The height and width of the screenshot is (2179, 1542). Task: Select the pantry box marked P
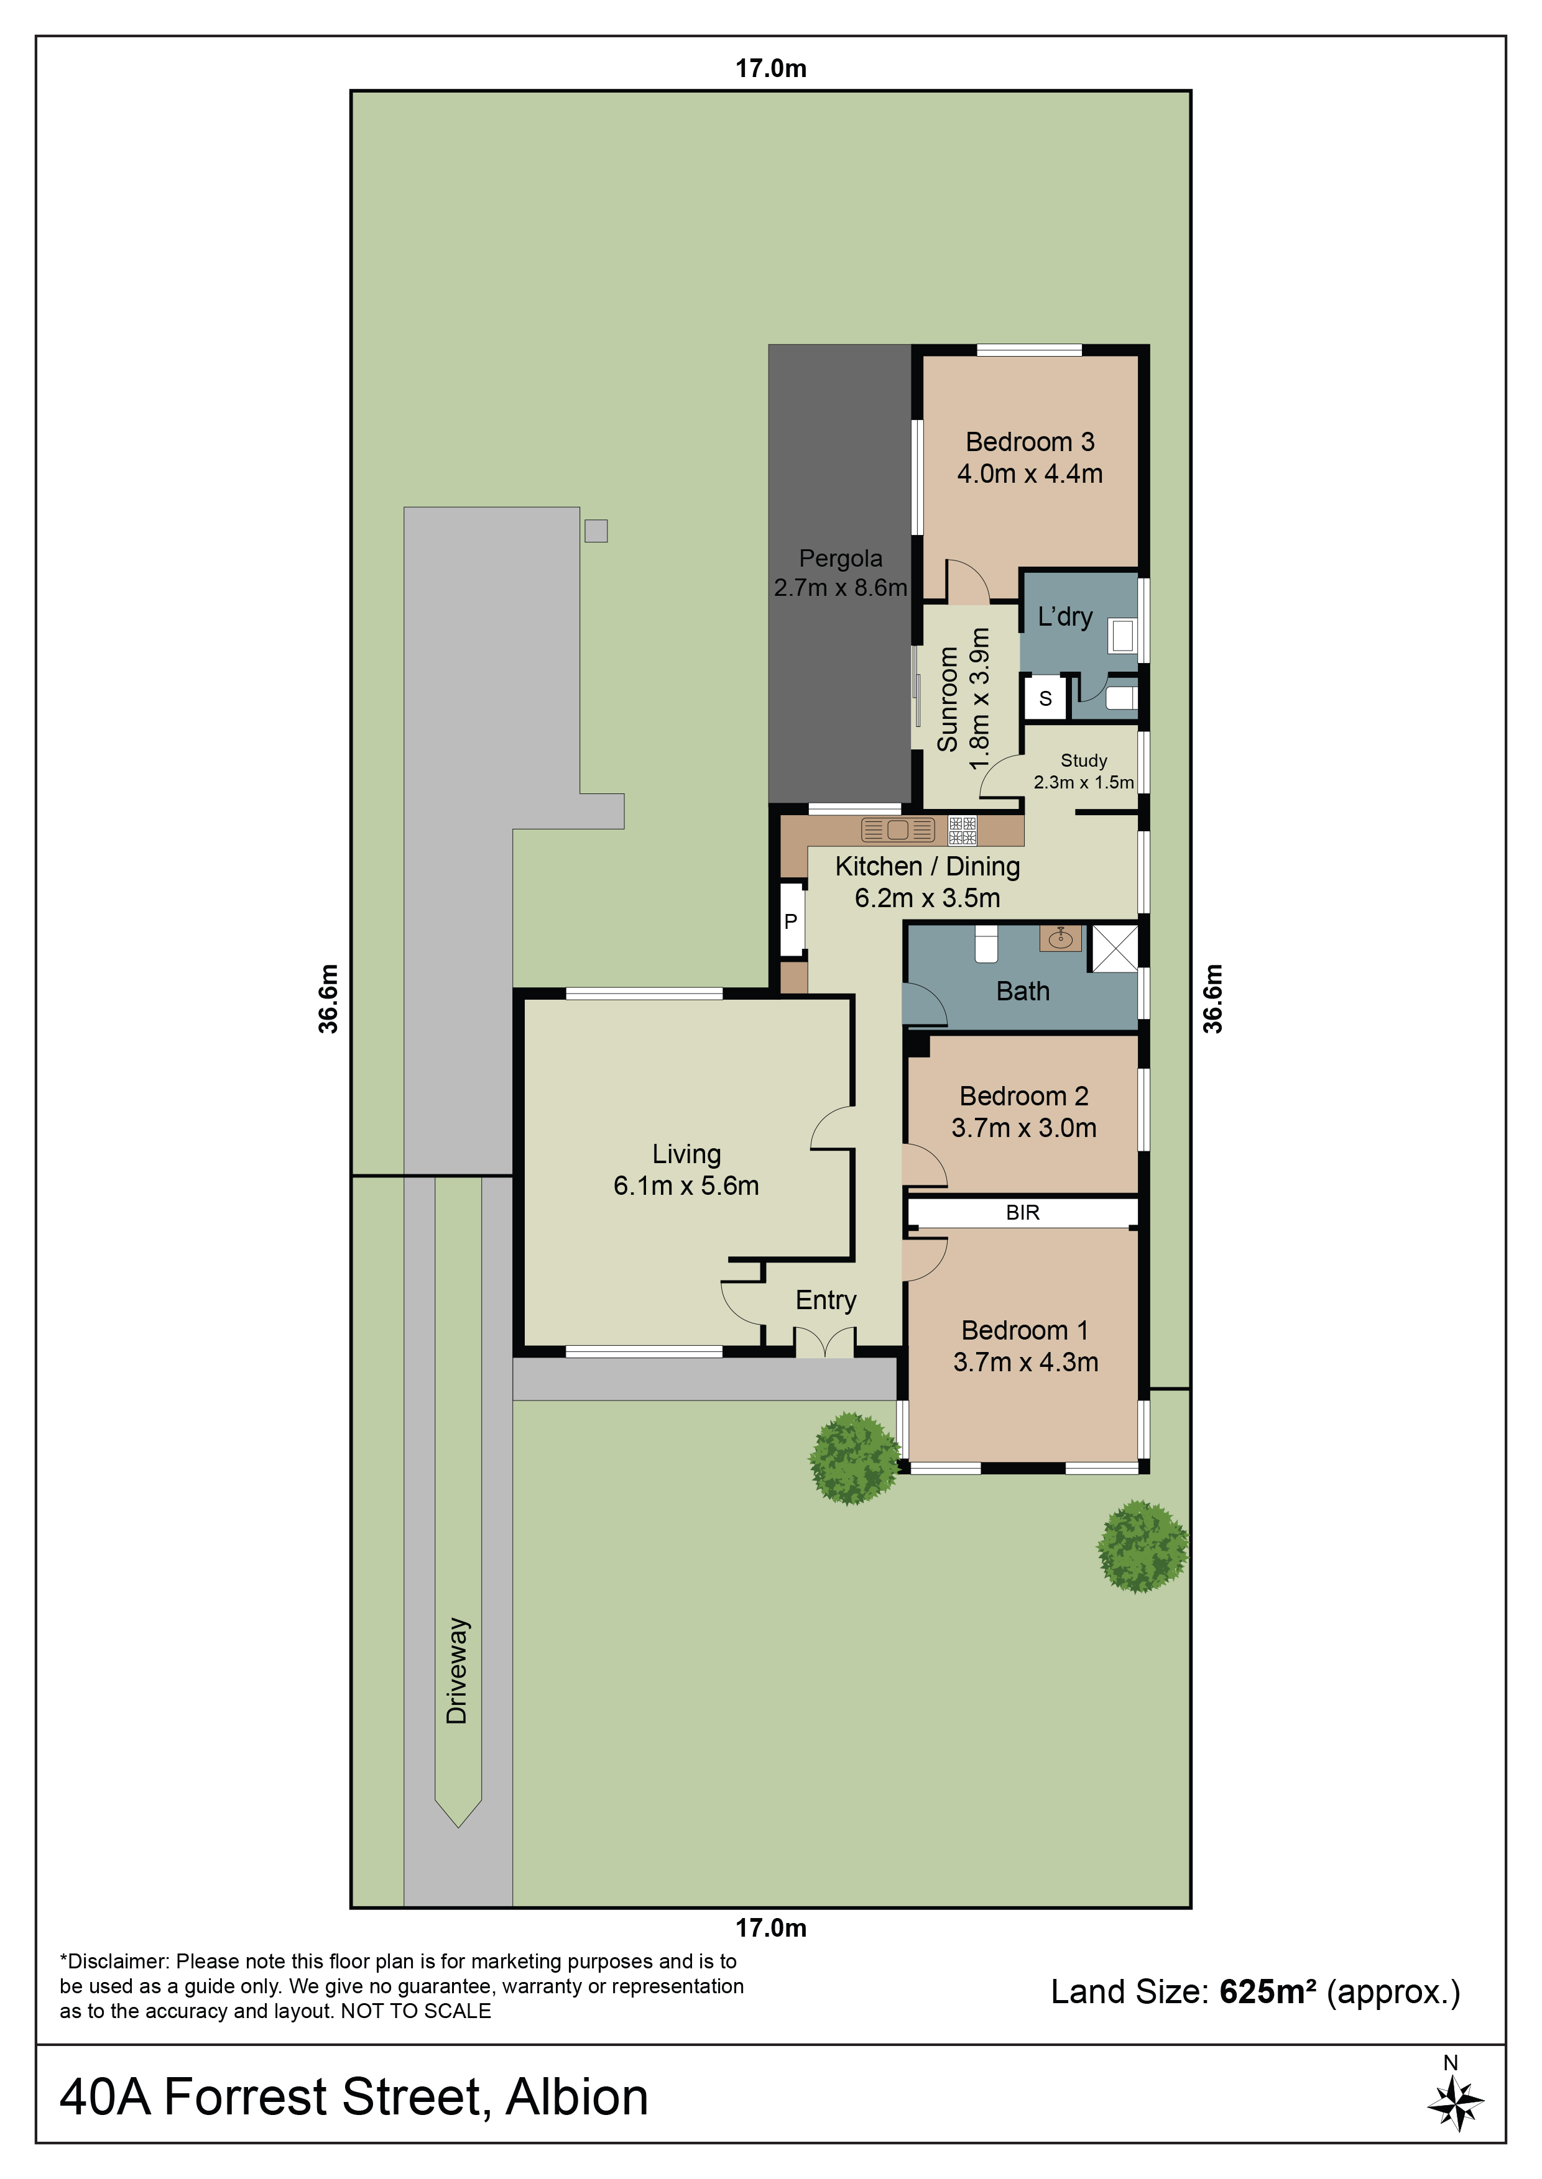tap(791, 921)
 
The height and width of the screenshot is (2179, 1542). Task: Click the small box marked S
tap(1045, 698)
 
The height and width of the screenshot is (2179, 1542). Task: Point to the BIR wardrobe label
tap(1023, 1212)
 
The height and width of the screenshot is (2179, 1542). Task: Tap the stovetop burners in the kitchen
tap(963, 831)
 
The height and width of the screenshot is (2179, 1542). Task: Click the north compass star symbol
tap(1455, 2103)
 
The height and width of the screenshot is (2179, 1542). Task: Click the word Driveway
tap(457, 1670)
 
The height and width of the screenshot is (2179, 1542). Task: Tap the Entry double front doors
tap(824, 1341)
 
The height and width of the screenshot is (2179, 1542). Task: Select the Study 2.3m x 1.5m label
tap(1083, 770)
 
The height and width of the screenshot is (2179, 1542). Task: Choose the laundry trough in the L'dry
tap(1122, 636)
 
